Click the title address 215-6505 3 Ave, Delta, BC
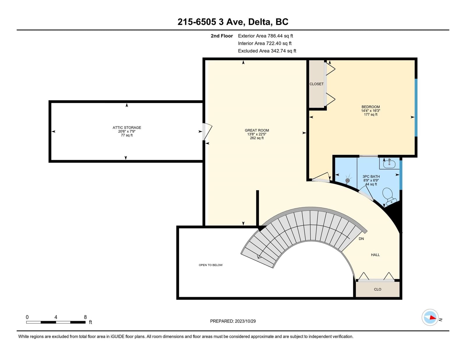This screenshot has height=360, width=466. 233,22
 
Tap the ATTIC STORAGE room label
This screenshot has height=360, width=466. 127,128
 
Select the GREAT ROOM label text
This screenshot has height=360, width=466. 257,130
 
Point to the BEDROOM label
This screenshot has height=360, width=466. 370,107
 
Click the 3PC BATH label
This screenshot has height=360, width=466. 371,177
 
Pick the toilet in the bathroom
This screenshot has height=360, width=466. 389,195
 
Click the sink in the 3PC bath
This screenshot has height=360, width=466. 389,164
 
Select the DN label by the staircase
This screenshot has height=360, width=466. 361,239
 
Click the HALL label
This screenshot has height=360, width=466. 375,255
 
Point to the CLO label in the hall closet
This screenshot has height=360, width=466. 377,289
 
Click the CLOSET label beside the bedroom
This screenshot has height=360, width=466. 316,84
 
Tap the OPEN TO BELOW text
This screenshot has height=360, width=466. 211,265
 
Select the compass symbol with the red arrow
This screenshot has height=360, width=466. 430,317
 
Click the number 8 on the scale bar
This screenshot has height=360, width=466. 85,317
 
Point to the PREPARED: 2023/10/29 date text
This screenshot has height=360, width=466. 233,321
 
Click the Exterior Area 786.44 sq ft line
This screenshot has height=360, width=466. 265,36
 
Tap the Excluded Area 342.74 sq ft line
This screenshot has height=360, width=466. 267,51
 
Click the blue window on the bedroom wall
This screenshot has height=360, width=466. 416,107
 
